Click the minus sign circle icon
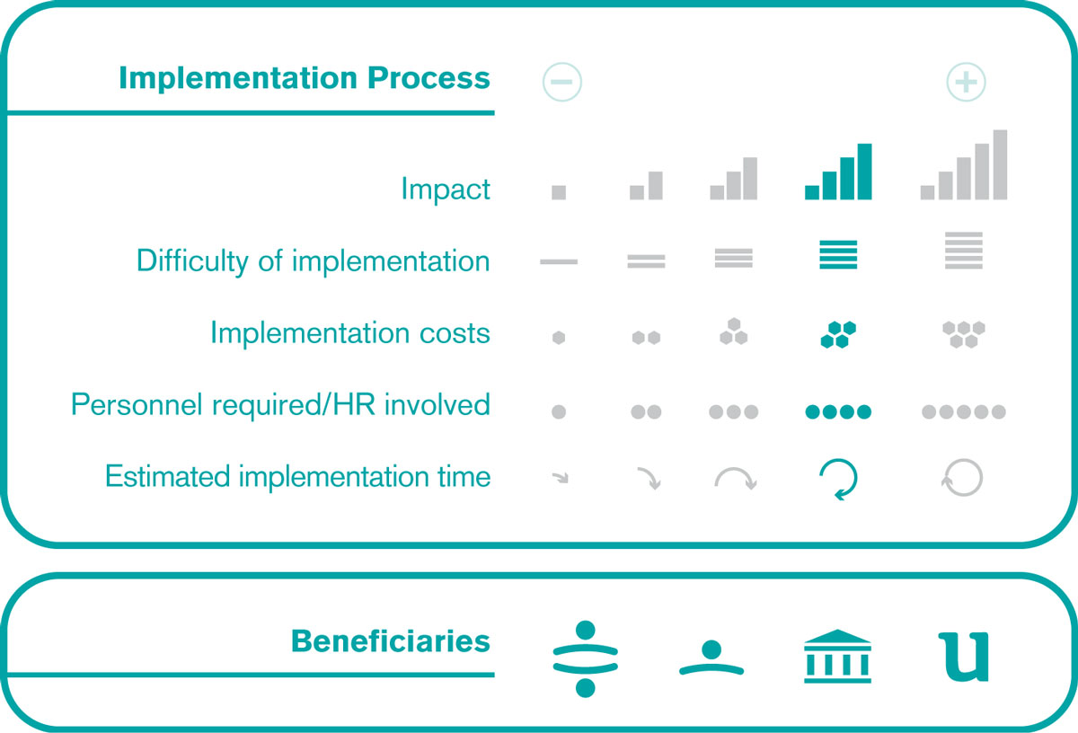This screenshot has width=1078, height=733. [x=561, y=82]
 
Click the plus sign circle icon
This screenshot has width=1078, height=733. [x=966, y=82]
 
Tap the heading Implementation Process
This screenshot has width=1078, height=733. [x=305, y=77]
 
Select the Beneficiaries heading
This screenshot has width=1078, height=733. [x=390, y=640]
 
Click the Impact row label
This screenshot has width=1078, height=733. [x=446, y=188]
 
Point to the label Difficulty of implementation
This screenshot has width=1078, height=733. [x=314, y=261]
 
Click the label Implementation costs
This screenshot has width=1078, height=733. [x=350, y=332]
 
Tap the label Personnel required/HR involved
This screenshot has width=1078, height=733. [x=280, y=404]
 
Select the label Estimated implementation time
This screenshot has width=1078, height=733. [x=298, y=476]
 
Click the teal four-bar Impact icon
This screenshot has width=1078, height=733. [x=838, y=172]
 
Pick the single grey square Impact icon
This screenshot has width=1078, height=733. [x=559, y=192]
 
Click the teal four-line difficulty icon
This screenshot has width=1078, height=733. [x=838, y=254]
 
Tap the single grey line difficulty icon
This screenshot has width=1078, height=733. [x=559, y=261]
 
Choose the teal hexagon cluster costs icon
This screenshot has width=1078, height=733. [x=838, y=334]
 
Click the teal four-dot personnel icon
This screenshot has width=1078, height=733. [x=838, y=412]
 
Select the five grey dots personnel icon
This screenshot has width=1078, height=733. [x=963, y=412]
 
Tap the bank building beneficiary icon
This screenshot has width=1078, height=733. [x=837, y=657]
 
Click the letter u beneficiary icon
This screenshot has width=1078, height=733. [x=963, y=657]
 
